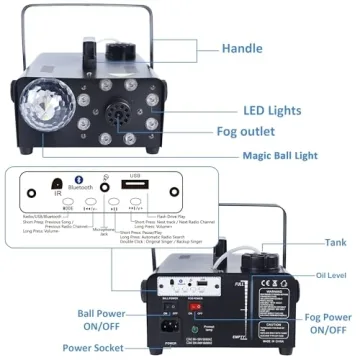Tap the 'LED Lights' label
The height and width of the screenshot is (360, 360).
273,111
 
